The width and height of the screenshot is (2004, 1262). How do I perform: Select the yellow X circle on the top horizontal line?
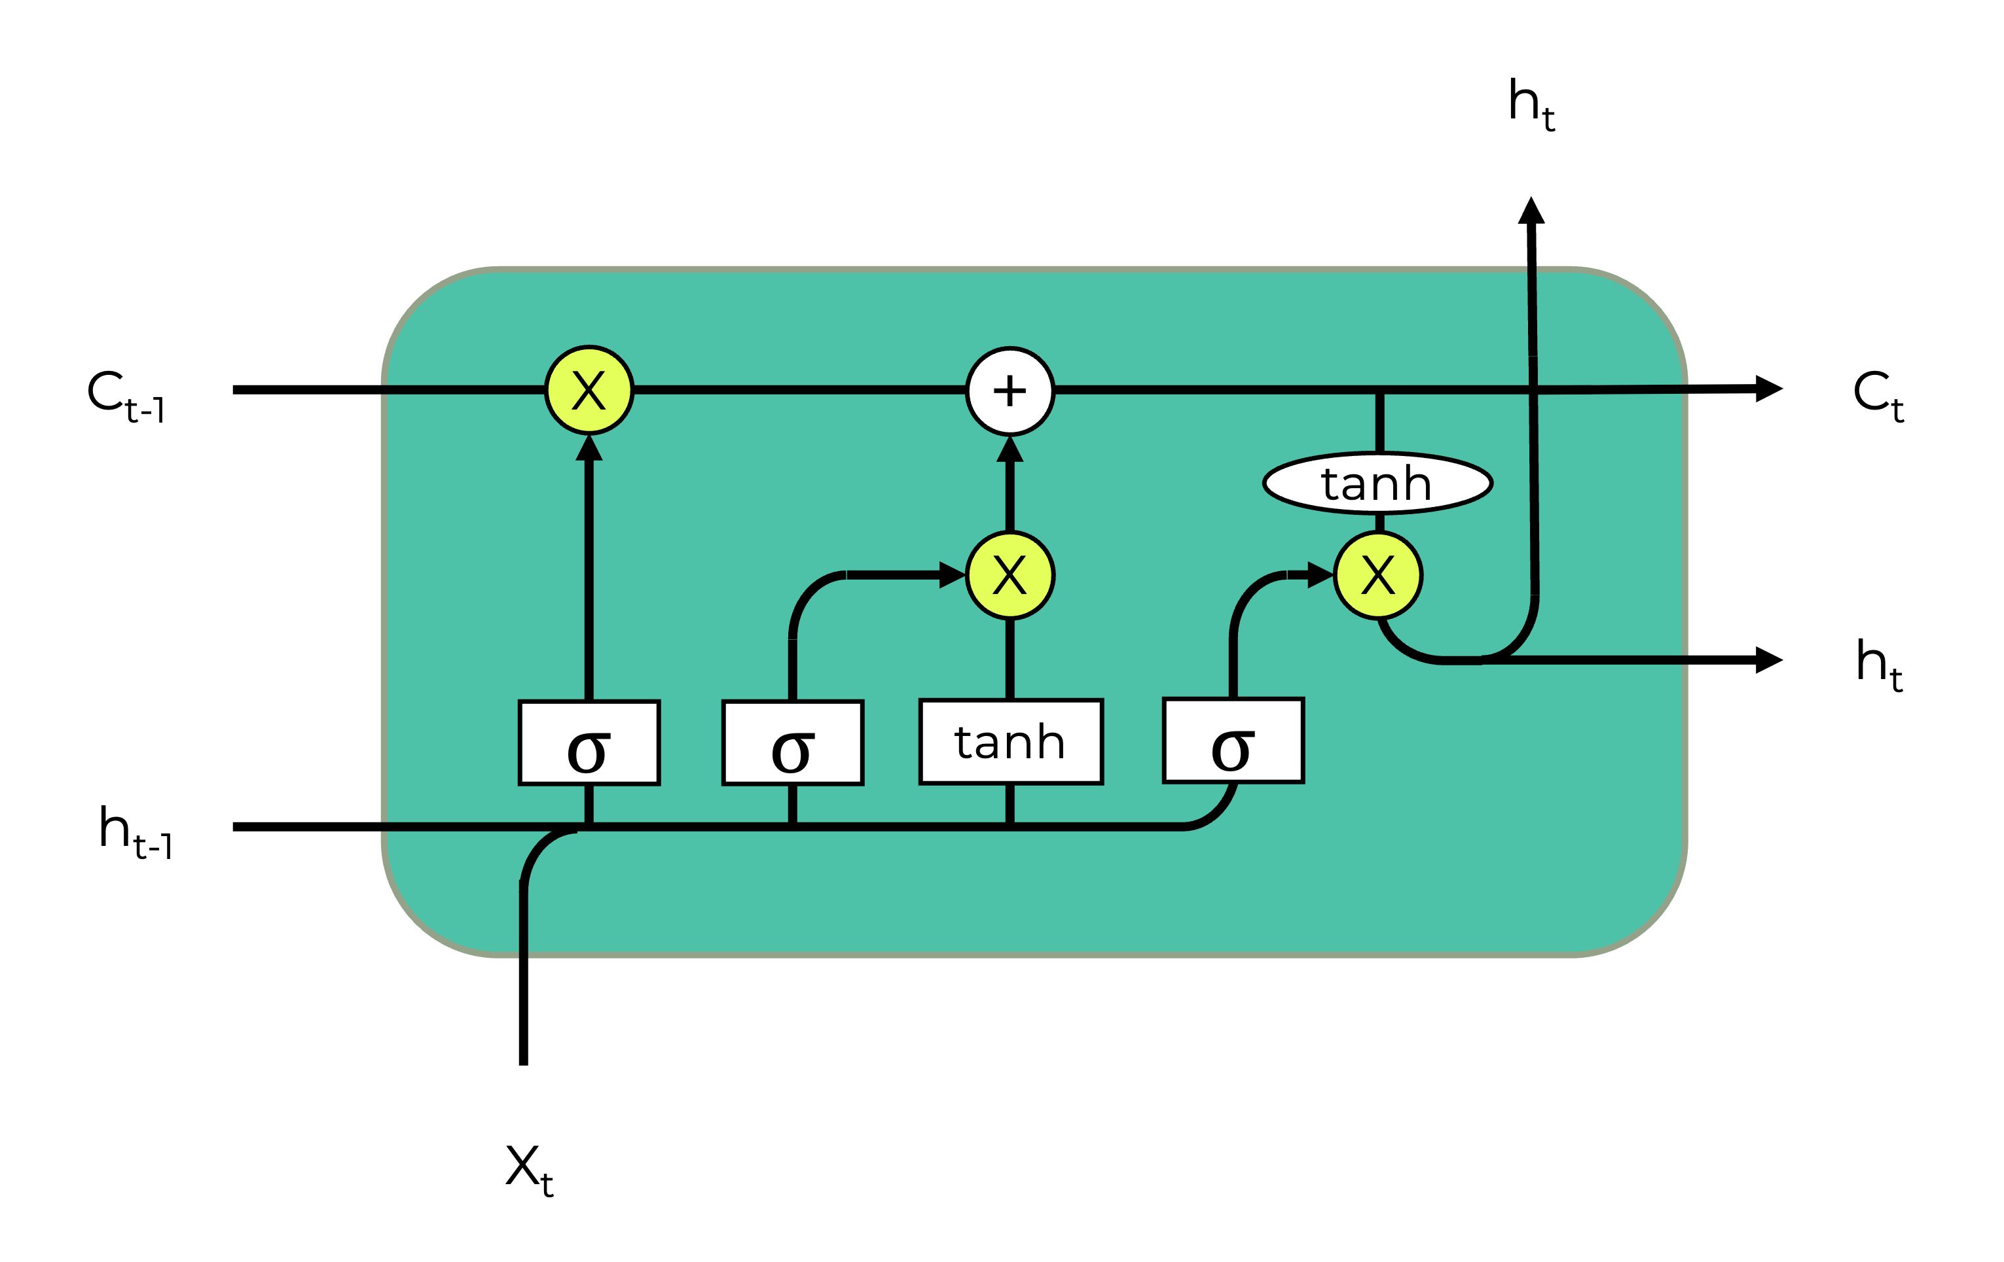point(589,390)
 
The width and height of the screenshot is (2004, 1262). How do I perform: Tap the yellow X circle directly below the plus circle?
point(1010,575)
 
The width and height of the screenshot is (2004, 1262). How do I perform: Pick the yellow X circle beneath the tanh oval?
point(1378,575)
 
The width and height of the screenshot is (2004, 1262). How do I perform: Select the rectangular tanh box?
point(1010,742)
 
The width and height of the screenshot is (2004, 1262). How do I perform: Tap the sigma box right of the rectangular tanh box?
point(1233,741)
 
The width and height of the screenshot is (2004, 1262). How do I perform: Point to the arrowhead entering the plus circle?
point(1010,450)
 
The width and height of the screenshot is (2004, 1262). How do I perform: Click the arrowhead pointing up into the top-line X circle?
point(589,448)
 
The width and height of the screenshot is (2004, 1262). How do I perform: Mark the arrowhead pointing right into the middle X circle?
point(951,575)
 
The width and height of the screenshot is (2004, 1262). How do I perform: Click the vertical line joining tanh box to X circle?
point(1010,659)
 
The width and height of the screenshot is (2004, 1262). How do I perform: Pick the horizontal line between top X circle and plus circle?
point(799,389)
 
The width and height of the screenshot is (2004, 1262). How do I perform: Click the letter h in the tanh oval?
point(1415,483)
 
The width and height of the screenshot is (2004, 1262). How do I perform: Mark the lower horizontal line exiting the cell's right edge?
point(1598,659)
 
